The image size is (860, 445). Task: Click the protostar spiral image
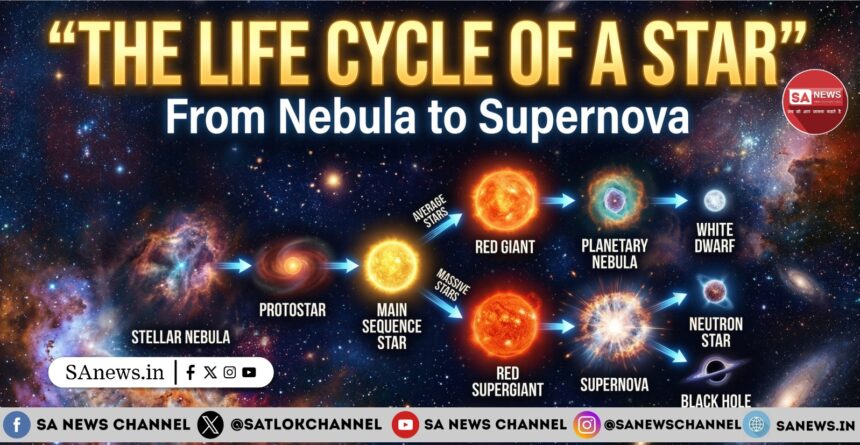click(293, 266)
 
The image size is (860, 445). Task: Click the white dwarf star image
click(714, 200)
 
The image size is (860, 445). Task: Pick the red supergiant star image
click(506, 323)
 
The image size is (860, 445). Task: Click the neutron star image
click(715, 292)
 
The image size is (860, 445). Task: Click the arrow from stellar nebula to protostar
click(233, 266)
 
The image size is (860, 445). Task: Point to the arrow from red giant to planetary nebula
click(558, 200)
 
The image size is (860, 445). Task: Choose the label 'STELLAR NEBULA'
click(180, 336)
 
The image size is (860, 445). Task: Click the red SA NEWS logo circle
click(815, 100)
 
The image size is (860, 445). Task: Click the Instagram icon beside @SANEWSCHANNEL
click(586, 425)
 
